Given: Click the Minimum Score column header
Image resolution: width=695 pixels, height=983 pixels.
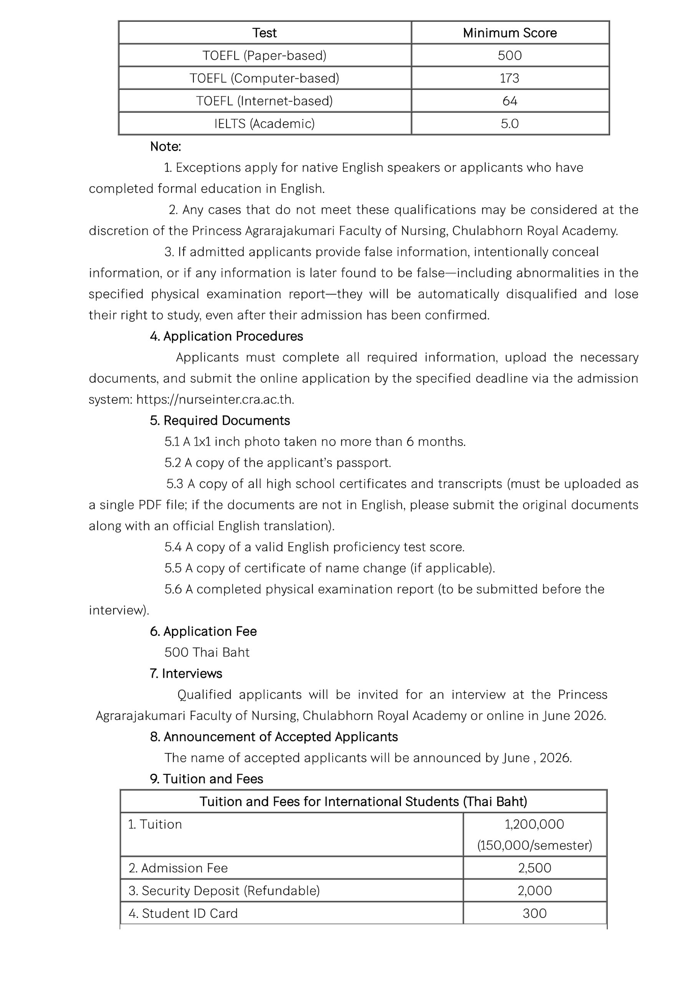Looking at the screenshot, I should [x=510, y=33].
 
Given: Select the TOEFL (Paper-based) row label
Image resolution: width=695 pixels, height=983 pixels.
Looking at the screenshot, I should [x=264, y=56].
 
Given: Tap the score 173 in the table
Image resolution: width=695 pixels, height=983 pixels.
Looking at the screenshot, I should [x=509, y=78].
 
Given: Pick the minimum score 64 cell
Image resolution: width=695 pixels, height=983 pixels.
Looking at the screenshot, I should [x=510, y=101].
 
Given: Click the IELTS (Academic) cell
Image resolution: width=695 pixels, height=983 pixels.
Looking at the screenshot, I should [x=264, y=124].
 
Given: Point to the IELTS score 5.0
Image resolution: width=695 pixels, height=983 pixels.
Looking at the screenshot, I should [x=510, y=124].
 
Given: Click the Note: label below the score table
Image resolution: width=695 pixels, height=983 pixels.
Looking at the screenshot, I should [x=165, y=147].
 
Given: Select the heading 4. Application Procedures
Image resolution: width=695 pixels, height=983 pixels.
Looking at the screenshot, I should [x=226, y=336].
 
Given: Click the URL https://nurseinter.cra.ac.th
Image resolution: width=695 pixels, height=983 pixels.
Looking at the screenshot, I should [x=215, y=399].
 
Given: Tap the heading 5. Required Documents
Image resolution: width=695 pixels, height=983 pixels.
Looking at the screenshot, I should [x=220, y=421].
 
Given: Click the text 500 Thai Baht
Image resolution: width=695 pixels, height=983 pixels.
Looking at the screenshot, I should [x=207, y=652].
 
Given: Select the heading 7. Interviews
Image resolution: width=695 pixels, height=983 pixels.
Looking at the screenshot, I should [x=186, y=674].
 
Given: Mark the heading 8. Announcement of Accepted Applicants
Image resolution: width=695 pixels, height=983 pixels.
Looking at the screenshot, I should [x=274, y=737].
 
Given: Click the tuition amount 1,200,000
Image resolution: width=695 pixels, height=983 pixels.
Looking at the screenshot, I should [x=534, y=824].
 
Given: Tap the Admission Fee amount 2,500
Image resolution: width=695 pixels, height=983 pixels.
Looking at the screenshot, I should [x=534, y=868].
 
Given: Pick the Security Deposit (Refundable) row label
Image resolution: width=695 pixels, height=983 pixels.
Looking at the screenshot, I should [x=224, y=890].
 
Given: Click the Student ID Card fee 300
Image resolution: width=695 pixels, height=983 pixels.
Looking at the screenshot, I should [x=534, y=913].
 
